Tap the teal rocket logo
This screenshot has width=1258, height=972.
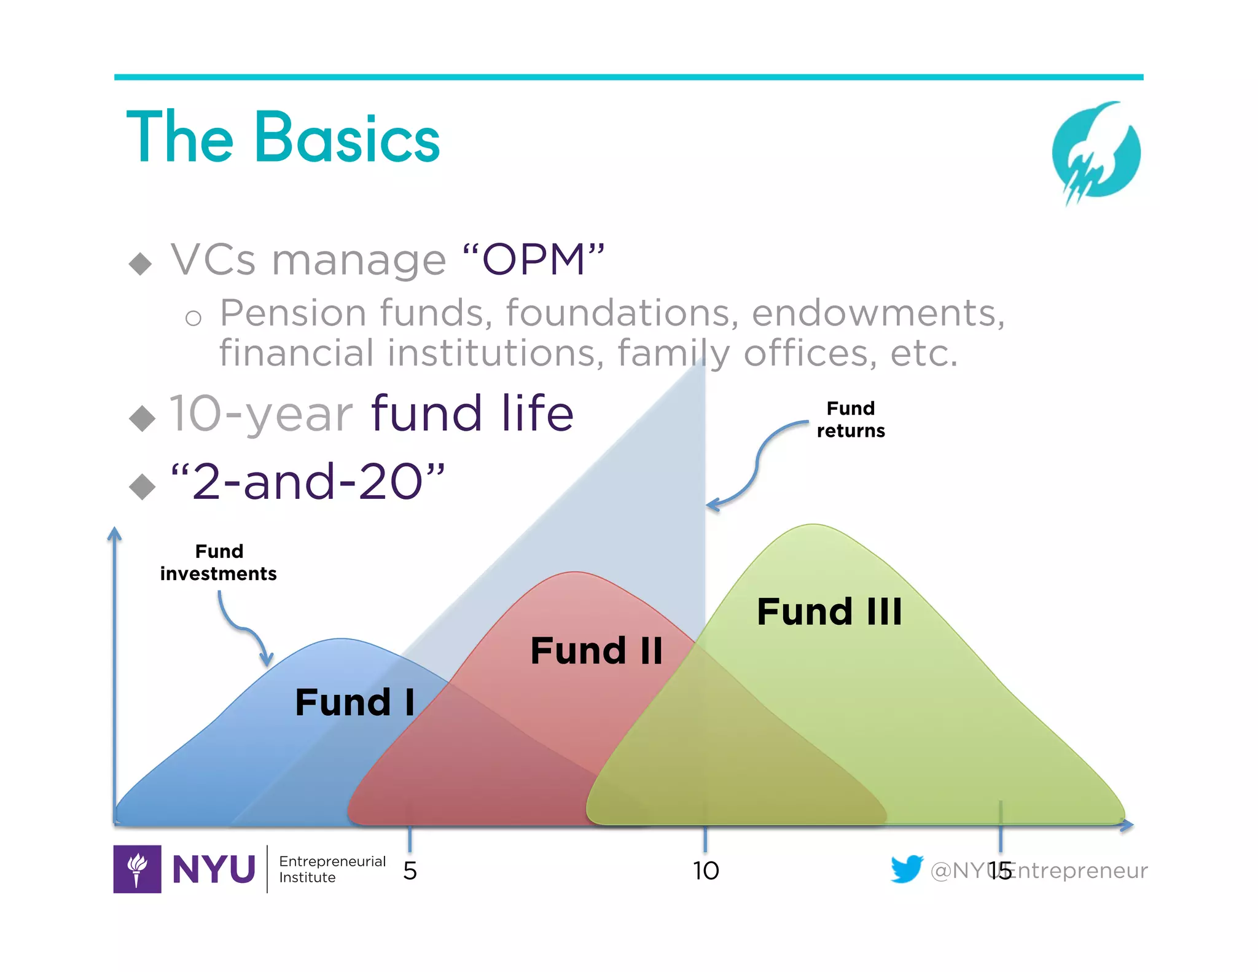click(x=1096, y=152)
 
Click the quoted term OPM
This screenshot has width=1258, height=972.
click(x=533, y=259)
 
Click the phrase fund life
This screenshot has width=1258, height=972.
click(x=472, y=413)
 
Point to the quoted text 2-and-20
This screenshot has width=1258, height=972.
click(x=307, y=482)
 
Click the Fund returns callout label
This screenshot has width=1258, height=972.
click(x=851, y=420)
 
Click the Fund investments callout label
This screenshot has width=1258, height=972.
click(x=219, y=562)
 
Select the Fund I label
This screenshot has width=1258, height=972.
click(x=354, y=702)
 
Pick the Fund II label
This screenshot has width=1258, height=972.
click(x=596, y=651)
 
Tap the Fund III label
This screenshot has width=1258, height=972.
click(x=829, y=612)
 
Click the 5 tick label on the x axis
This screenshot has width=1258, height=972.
click(x=410, y=871)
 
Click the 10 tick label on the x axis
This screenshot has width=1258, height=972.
click(x=705, y=871)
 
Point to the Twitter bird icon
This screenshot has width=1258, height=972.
click(x=907, y=868)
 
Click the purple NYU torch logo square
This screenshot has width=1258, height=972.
click(x=137, y=869)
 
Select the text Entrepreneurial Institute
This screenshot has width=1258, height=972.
click(x=332, y=869)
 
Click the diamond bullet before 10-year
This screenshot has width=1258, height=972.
click(x=143, y=418)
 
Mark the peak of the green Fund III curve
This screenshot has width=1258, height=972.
click(x=813, y=525)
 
